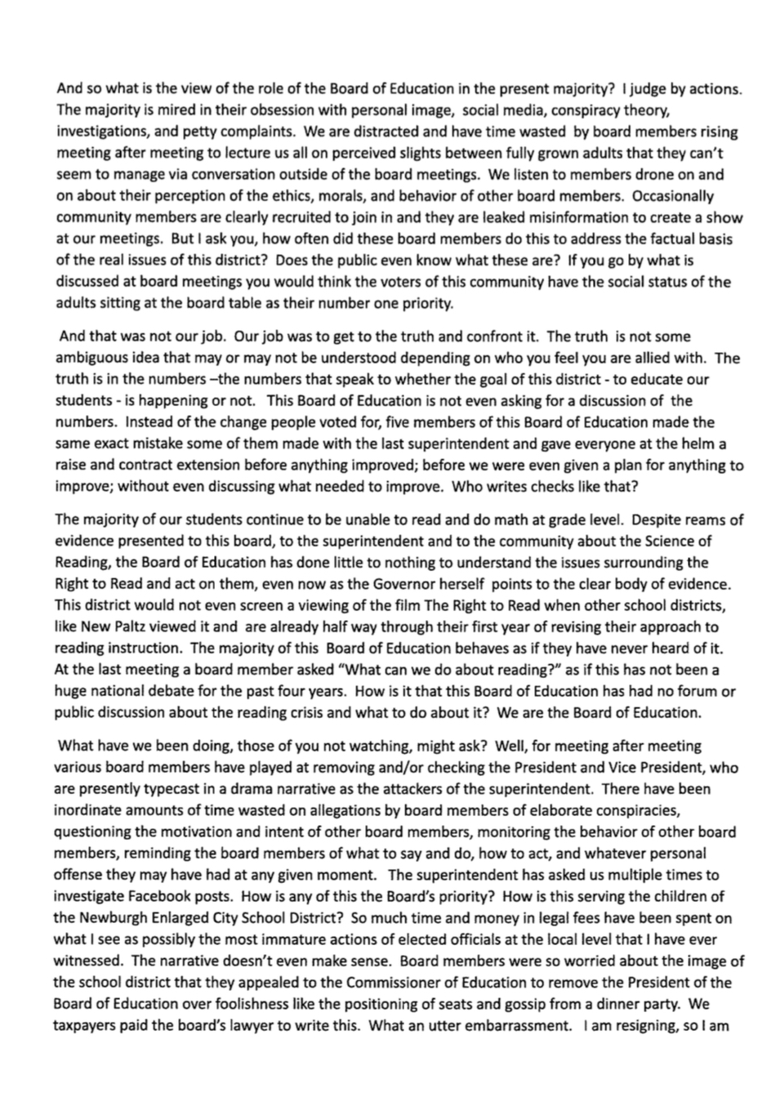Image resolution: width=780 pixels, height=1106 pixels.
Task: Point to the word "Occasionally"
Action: (673, 196)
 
